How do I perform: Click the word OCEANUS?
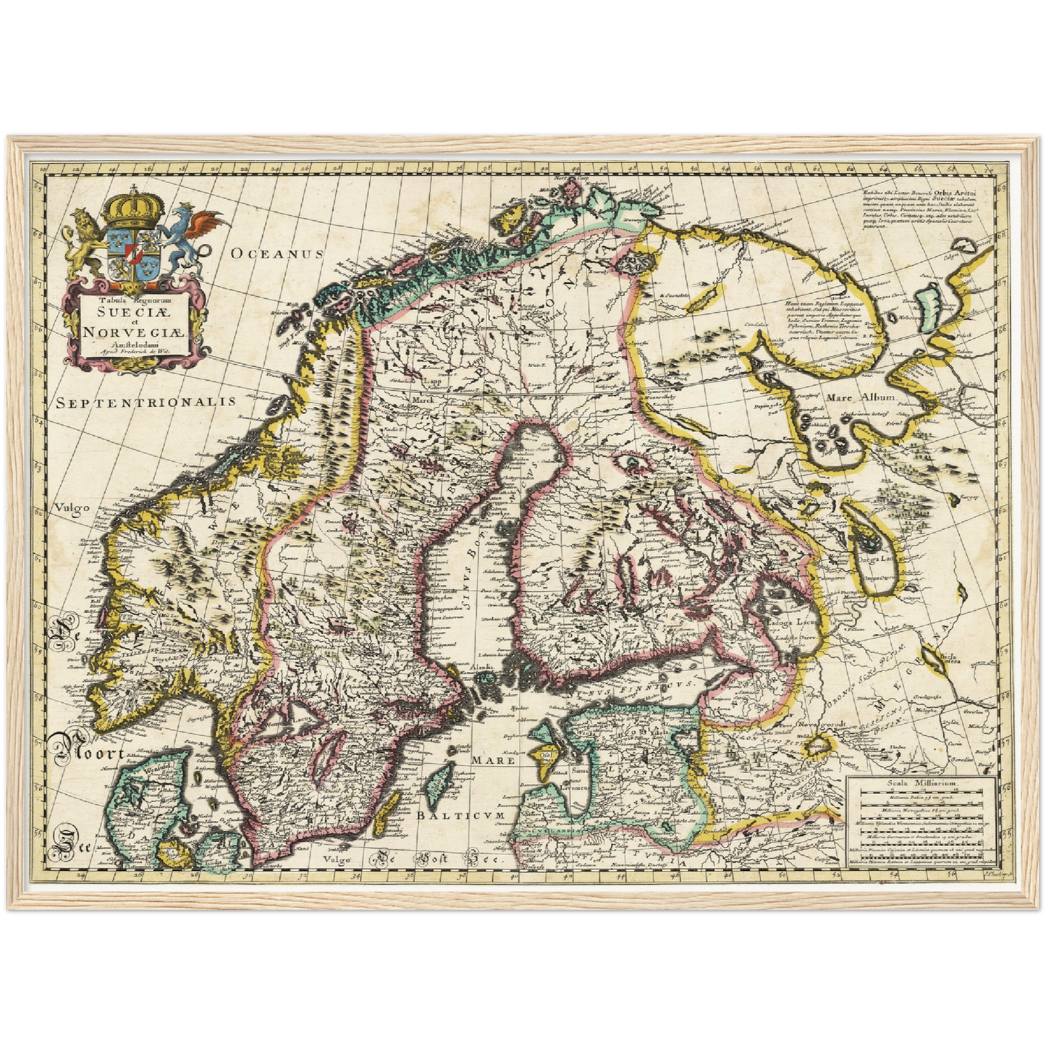276,253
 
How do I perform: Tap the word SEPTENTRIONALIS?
147,402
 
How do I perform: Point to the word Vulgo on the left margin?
71,507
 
